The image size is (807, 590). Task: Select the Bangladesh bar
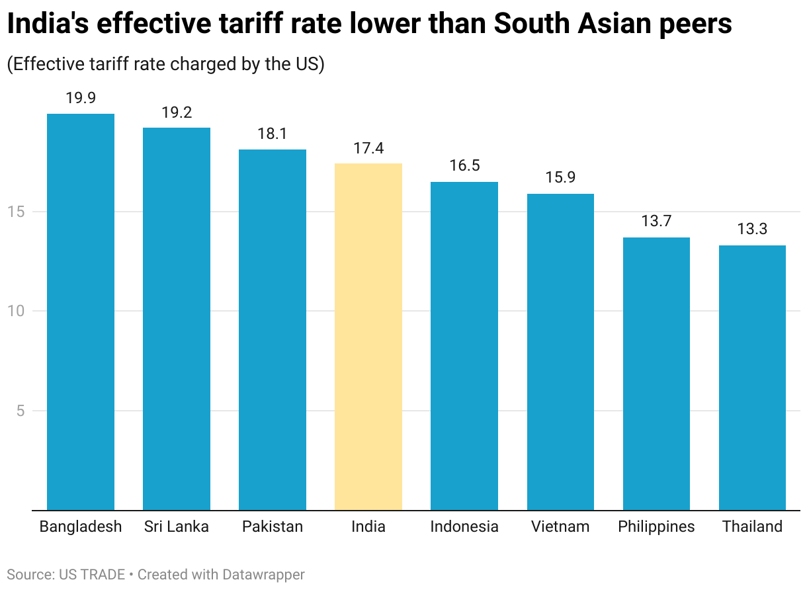tap(81, 312)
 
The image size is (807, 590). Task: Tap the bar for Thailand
tap(752, 378)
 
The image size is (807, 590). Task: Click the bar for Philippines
tap(656, 374)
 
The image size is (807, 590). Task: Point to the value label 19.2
tap(177, 112)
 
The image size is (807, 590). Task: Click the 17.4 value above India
tap(368, 148)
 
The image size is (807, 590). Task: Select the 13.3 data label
tap(752, 230)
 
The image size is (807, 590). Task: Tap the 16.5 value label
tap(464, 166)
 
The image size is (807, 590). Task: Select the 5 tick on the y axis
tap(20, 411)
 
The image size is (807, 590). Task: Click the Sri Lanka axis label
tap(177, 527)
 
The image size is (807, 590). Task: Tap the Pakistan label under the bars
tap(273, 527)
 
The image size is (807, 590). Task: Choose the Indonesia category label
tap(464, 527)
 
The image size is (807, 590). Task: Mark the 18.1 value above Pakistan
tap(273, 134)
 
